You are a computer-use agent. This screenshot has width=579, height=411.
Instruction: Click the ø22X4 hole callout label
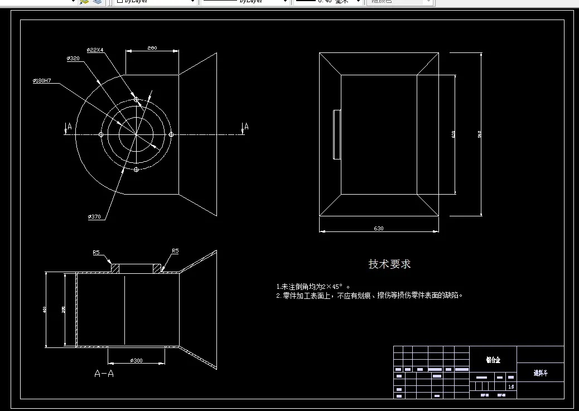tap(95, 50)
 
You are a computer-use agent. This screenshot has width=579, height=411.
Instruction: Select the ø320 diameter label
tap(73, 58)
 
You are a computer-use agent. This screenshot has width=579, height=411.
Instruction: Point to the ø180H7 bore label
tap(42, 81)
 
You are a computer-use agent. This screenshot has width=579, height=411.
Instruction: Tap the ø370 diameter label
tap(94, 216)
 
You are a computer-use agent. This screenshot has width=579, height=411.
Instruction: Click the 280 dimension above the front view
tap(152, 48)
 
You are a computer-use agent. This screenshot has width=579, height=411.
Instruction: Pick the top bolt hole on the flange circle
tap(136, 99)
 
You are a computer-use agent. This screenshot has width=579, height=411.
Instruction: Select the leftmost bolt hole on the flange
tap(101, 134)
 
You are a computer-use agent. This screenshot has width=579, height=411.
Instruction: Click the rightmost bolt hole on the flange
tap(171, 134)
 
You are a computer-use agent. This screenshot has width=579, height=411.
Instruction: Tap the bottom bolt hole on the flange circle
tap(136, 169)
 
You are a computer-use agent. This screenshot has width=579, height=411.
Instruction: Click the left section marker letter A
tap(69, 127)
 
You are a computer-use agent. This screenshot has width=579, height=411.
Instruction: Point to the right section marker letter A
tap(246, 127)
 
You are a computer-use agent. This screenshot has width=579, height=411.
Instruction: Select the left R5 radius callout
tap(96, 253)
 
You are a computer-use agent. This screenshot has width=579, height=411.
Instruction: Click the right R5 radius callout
tap(175, 251)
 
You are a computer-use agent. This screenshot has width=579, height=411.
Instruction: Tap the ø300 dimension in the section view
tap(136, 360)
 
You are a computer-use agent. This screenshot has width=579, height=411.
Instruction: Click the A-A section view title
tap(104, 374)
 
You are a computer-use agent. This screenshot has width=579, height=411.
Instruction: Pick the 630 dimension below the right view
tap(379, 229)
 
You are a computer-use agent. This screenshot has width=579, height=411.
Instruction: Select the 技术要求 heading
tap(389, 264)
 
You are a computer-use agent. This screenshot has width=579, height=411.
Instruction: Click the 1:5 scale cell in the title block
tap(511, 386)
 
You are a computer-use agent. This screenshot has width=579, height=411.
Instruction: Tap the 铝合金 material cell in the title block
tap(493, 360)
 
